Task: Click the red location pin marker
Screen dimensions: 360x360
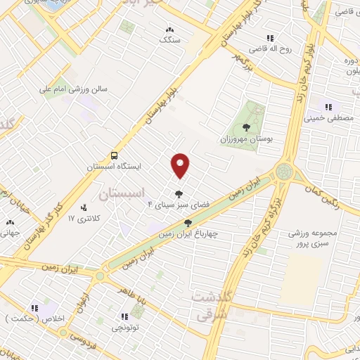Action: point(181,165)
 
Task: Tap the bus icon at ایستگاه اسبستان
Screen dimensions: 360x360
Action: point(114,155)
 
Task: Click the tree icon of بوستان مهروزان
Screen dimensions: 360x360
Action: point(245,127)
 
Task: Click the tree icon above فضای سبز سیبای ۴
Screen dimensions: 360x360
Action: point(179,193)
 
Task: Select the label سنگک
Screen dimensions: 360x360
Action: point(169,41)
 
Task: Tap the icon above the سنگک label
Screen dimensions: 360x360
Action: point(169,30)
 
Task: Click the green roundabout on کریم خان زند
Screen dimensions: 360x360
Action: point(285,171)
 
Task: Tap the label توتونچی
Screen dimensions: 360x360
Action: point(125,328)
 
